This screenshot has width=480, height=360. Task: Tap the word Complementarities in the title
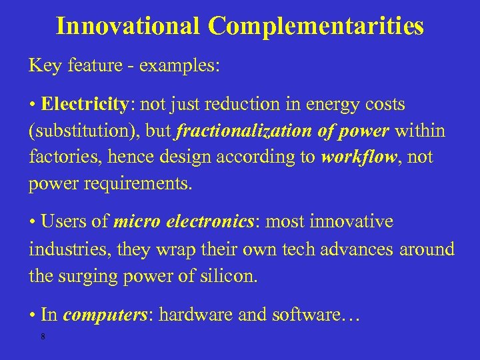click(315, 26)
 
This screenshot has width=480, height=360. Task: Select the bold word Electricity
click(84, 105)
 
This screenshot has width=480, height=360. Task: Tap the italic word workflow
click(355, 157)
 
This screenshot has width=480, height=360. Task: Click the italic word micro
click(134, 221)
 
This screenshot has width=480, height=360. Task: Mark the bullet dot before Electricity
click(32, 105)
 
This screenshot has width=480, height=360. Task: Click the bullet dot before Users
click(32, 222)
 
